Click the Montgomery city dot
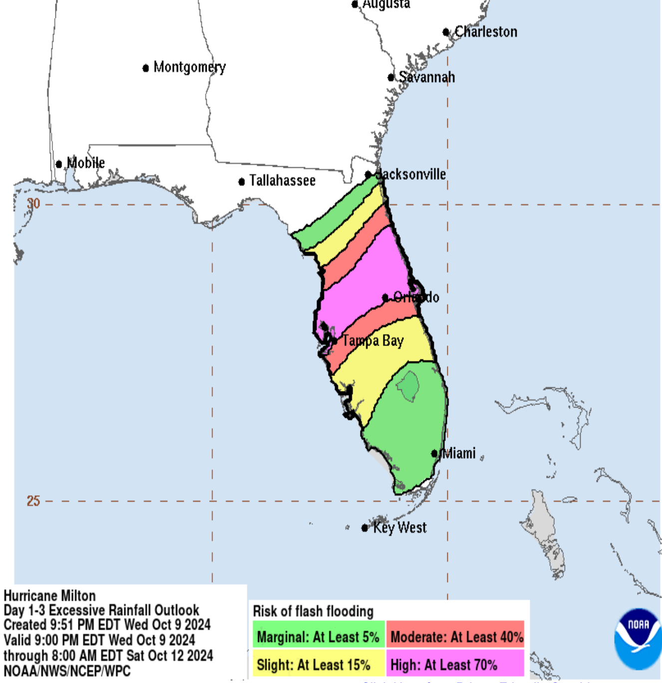click(x=146, y=68)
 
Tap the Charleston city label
click(x=485, y=32)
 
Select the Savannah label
click(x=426, y=77)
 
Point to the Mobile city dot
click(x=59, y=164)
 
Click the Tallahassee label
click(x=282, y=181)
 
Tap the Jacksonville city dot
click(x=368, y=175)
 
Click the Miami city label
click(x=459, y=453)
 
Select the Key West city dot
click(x=365, y=528)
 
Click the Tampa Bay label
click(x=372, y=341)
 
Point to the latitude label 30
click(x=33, y=204)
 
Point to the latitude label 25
click(x=33, y=501)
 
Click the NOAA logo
click(x=638, y=639)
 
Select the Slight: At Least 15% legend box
click(x=318, y=665)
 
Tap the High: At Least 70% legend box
click(x=456, y=665)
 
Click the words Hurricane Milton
click(x=49, y=596)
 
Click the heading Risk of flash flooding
click(x=313, y=611)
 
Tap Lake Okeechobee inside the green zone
click(x=409, y=385)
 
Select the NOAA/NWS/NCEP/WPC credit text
click(x=67, y=671)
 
